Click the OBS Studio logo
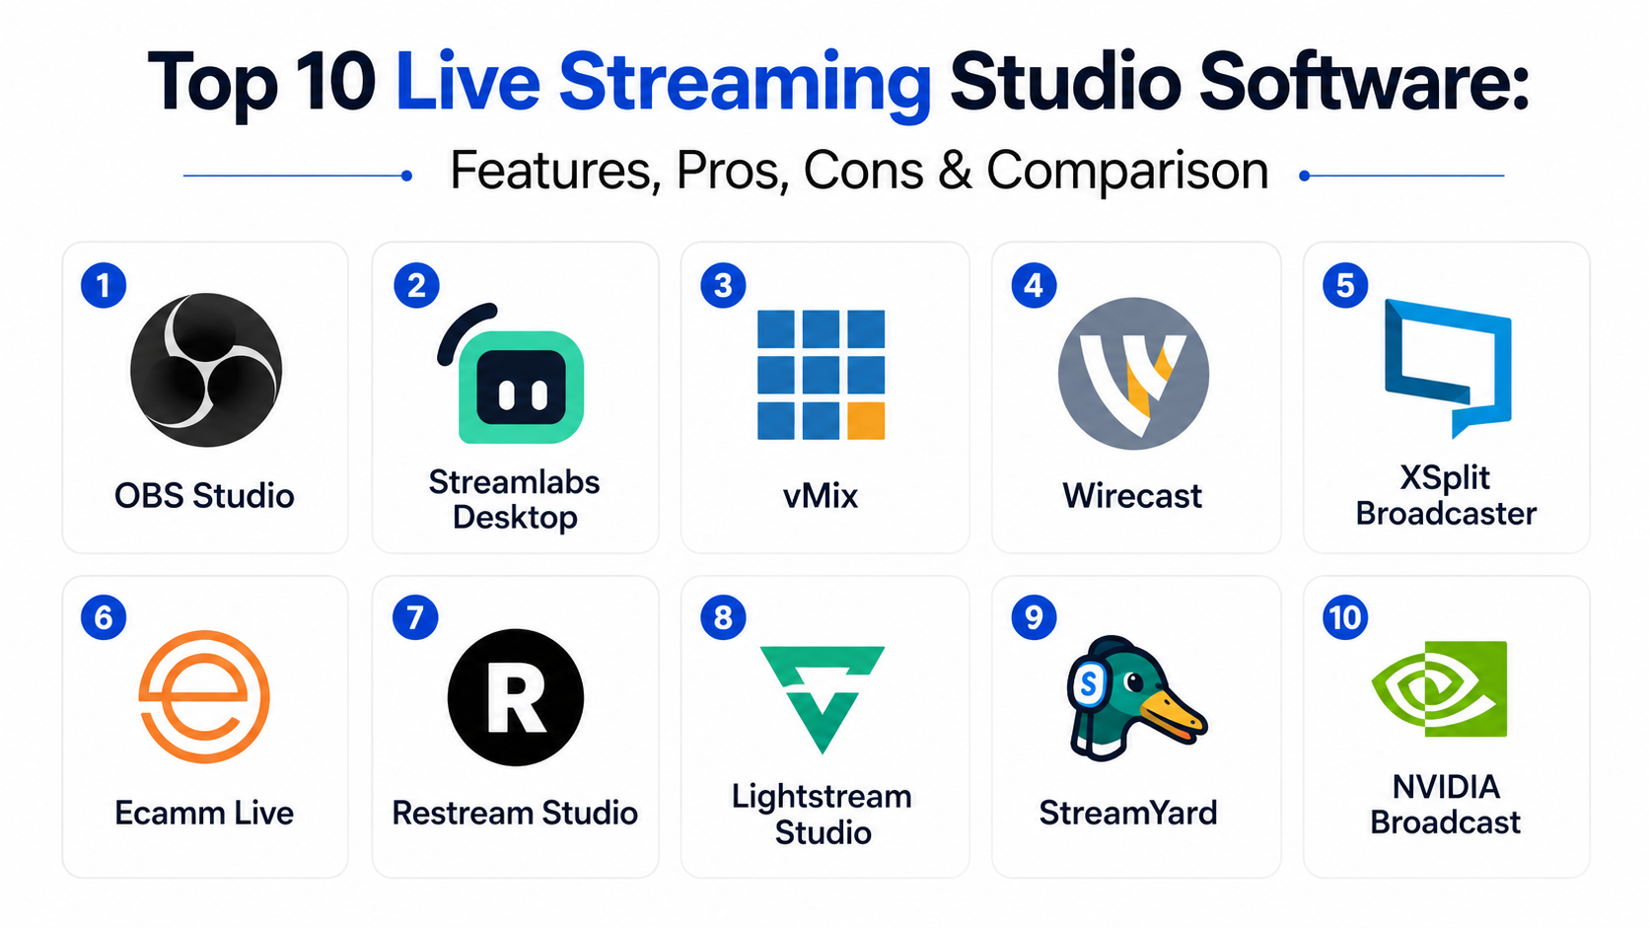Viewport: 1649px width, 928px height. pos(205,370)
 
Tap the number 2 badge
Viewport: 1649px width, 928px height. pos(416,285)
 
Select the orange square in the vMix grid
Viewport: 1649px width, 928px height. pos(866,421)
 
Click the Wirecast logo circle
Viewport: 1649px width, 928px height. pos(1133,373)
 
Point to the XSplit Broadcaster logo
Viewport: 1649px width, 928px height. pos(1447,368)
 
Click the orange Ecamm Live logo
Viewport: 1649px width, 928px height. pos(204,696)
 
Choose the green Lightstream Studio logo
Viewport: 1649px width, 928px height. pos(822,699)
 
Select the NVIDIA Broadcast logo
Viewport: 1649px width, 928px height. pos(1439,688)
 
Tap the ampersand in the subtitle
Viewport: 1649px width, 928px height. pos(956,171)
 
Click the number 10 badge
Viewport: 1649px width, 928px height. pos(1345,617)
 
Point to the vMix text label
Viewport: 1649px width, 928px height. pos(821,495)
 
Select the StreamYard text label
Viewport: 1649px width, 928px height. pos(1128,813)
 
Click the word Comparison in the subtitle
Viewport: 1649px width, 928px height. pos(1127,171)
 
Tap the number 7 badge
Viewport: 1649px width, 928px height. pos(415,617)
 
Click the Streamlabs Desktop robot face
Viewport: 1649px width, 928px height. pos(521,388)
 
